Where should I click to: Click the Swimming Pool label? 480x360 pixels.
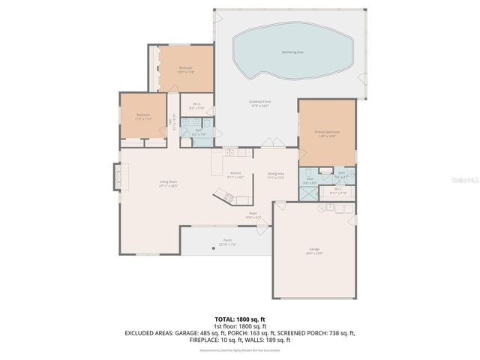coord(292,52)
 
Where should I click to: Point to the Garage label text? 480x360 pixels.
coord(313,250)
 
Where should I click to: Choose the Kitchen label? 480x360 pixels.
coord(235,174)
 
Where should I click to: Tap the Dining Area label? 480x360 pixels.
coord(276,175)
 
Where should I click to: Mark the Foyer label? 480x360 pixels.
coord(253,214)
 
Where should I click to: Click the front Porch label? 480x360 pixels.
coord(226,241)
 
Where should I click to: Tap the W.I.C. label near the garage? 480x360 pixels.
coord(338,190)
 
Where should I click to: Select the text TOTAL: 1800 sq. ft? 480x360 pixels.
coord(239,319)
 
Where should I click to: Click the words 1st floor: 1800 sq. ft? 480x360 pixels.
coord(239,325)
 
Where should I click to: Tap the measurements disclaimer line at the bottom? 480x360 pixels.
coord(239,350)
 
